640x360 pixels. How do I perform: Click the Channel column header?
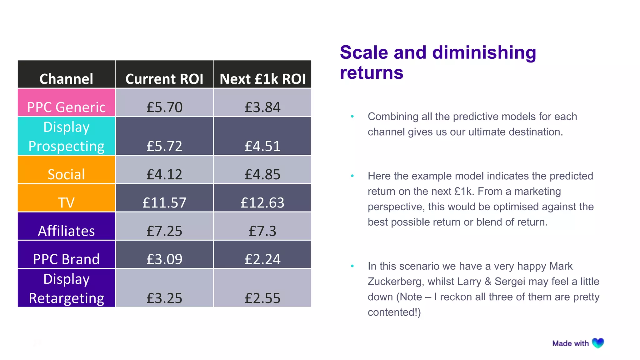66,79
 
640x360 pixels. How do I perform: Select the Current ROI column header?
164,79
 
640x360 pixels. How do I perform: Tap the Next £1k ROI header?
262,79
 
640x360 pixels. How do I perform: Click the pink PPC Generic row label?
66,107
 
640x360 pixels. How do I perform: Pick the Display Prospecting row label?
66,137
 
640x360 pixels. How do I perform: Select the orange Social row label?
66,174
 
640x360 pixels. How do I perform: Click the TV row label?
66,202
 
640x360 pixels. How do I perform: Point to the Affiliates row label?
66,231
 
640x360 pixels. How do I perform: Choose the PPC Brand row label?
66,259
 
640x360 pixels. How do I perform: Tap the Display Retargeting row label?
66,288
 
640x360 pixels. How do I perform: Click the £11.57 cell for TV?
164,202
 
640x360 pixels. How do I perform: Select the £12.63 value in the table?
262,202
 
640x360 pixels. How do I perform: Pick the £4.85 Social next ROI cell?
262,174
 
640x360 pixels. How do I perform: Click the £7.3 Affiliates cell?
262,231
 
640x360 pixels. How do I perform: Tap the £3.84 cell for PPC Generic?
262,107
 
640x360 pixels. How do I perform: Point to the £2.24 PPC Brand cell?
262,259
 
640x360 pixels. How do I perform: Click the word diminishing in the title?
484,52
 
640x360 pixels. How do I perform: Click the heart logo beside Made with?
598,343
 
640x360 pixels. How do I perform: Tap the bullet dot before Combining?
352,117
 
